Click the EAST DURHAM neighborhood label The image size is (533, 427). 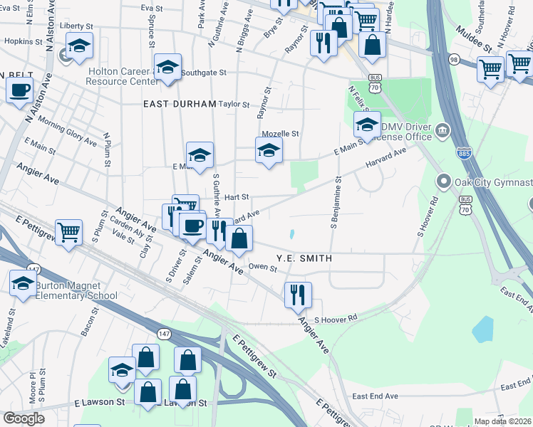[180, 104]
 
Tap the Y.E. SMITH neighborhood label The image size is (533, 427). [304, 258]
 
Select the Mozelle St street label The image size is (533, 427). [280, 133]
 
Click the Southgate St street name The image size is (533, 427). [203, 73]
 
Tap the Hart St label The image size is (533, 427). [236, 196]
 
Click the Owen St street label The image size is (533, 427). [262, 268]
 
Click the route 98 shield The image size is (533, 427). [454, 60]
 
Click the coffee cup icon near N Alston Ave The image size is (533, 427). [19, 91]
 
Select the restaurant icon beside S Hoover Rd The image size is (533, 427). [298, 295]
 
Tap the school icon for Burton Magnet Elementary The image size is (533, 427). [23, 283]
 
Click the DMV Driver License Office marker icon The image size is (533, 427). [443, 130]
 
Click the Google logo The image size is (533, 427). [24, 418]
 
